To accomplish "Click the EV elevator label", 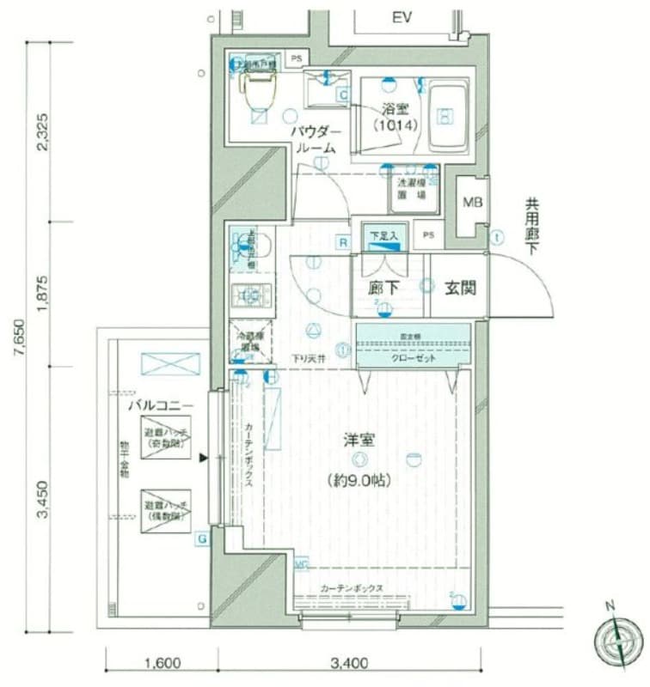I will point(402,18).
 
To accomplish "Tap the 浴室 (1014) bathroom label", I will point(396,117).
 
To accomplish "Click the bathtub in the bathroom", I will point(445,115).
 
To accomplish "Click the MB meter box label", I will point(472,204).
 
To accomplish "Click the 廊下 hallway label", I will point(383,288).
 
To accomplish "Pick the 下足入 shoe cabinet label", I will point(383,235).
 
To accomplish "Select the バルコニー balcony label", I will point(161,404).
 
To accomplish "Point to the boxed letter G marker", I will point(202,538).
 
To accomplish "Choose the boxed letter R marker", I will point(342,243).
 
